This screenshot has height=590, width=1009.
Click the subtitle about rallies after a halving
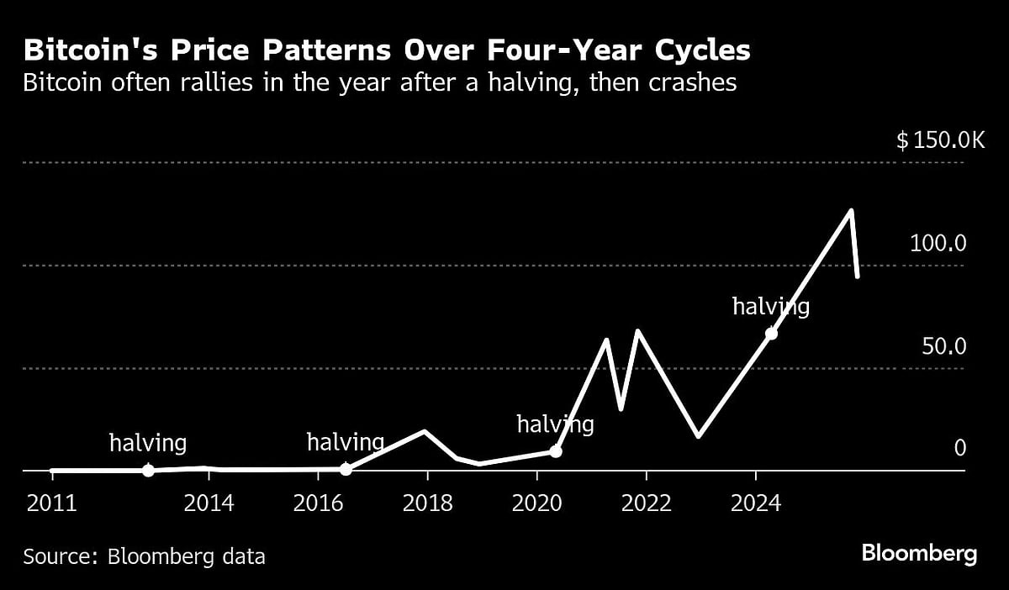pyautogui.click(x=380, y=84)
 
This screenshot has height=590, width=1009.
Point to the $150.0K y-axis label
pyautogui.click(x=939, y=140)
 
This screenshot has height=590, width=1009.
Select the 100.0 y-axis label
pyautogui.click(x=938, y=244)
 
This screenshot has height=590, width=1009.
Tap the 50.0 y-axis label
pyautogui.click(x=943, y=346)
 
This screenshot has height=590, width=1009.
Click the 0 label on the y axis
pyautogui.click(x=959, y=449)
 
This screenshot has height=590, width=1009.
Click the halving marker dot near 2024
pyautogui.click(x=771, y=334)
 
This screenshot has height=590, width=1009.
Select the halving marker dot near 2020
pyautogui.click(x=555, y=451)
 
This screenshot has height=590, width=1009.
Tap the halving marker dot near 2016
pyautogui.click(x=346, y=469)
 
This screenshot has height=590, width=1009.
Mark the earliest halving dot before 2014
pyautogui.click(x=148, y=471)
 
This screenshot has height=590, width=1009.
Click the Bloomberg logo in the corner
pyautogui.click(x=919, y=554)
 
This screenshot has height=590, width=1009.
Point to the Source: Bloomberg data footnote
pyautogui.click(x=145, y=556)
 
